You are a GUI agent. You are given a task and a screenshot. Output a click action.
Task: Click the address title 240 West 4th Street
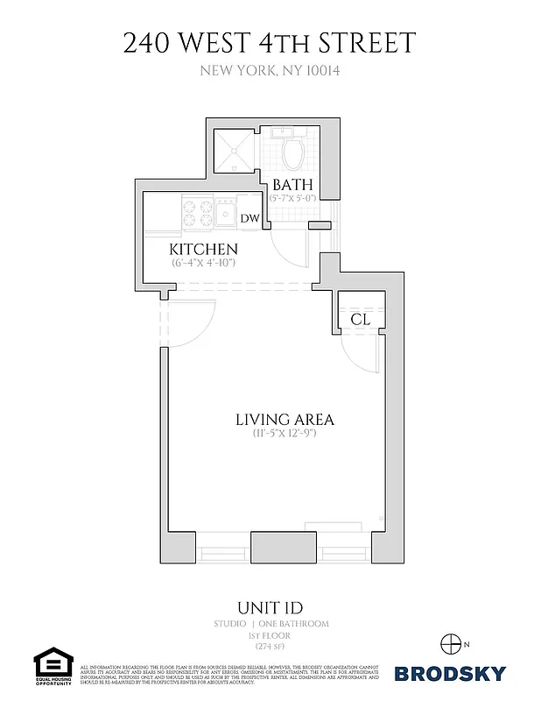(270, 42)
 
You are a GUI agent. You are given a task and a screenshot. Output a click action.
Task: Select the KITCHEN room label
(203, 250)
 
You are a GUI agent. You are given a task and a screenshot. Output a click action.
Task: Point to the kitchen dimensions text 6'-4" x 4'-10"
(203, 263)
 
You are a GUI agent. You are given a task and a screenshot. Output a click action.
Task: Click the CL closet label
(360, 320)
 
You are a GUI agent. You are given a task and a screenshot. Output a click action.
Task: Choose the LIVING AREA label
(285, 420)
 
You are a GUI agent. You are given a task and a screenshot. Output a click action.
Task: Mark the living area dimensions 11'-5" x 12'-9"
(285, 434)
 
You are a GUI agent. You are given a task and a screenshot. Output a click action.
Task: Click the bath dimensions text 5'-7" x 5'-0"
(292, 199)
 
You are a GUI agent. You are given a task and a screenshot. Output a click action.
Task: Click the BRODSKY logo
(450, 673)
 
